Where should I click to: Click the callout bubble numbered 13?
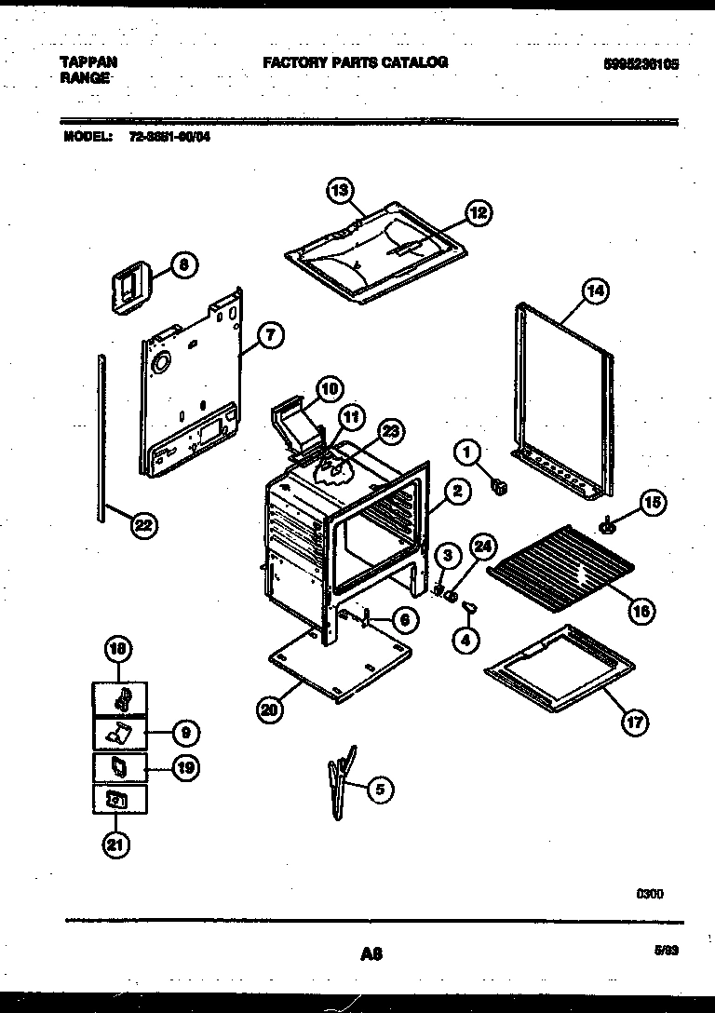[341, 190]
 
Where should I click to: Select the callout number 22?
[142, 526]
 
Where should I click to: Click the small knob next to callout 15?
[609, 527]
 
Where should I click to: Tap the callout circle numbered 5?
[379, 790]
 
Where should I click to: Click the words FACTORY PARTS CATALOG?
[355, 62]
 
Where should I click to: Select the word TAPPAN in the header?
[88, 62]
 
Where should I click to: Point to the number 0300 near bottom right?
[650, 894]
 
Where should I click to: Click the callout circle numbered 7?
[268, 336]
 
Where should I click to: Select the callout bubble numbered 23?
[392, 431]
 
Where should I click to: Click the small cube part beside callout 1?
[500, 486]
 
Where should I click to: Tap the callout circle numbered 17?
[636, 722]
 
